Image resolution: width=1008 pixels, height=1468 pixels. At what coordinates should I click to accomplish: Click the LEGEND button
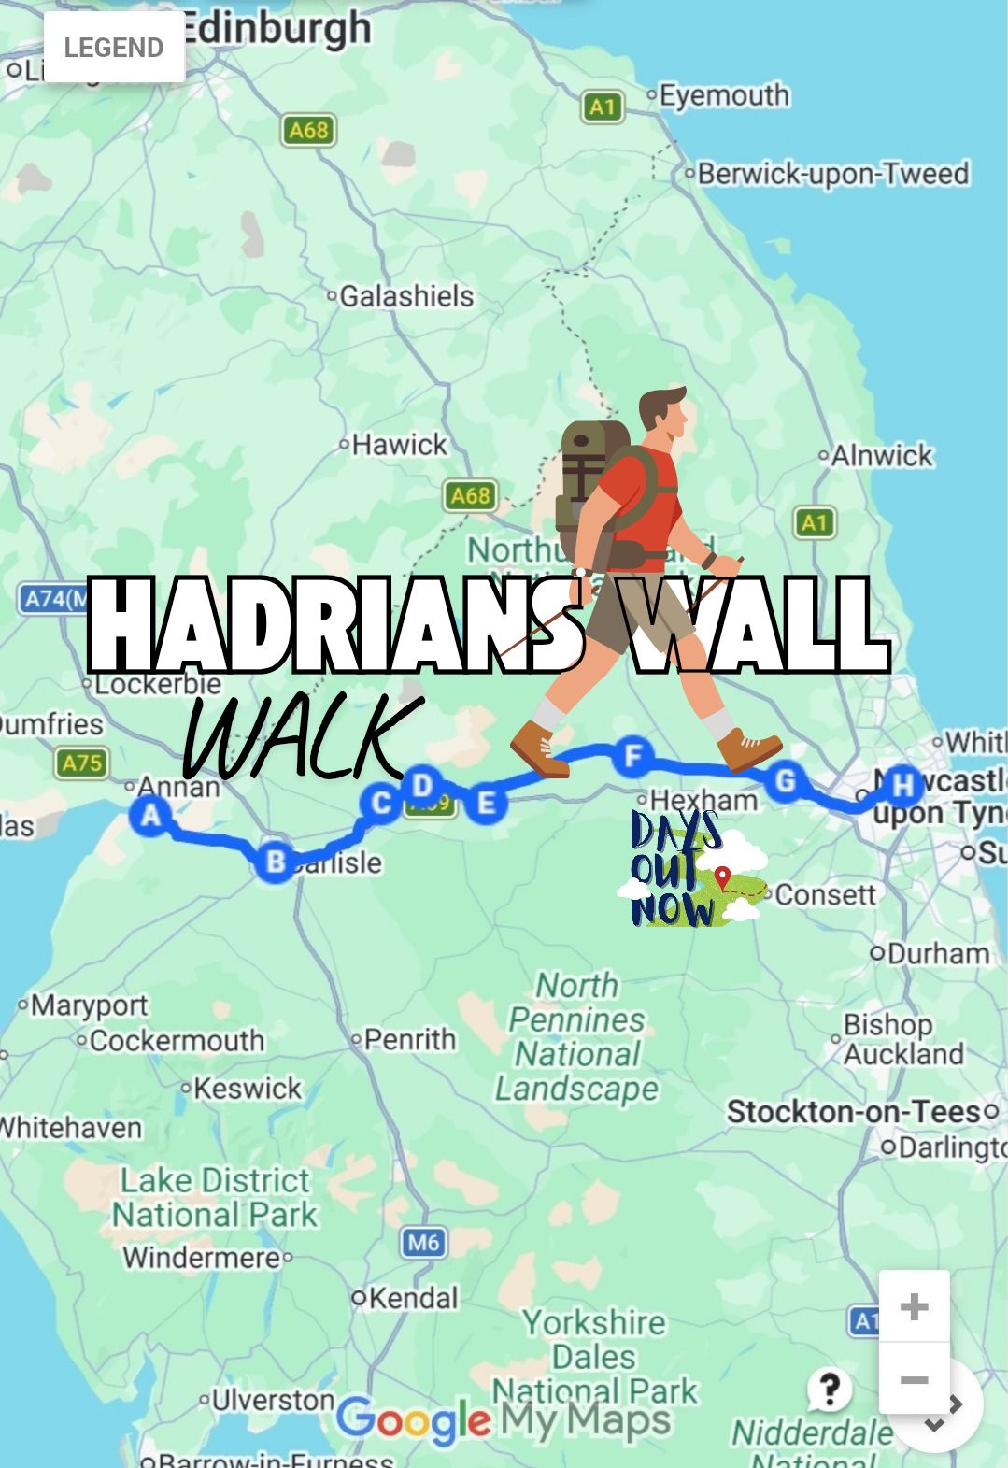[x=114, y=48]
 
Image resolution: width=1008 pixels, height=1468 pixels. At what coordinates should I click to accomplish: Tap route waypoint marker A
[x=149, y=815]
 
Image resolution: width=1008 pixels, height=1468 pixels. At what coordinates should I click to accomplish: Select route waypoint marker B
[x=275, y=861]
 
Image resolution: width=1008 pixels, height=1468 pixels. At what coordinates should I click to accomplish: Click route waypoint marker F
[x=633, y=755]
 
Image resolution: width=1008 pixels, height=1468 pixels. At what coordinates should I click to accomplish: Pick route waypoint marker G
[x=785, y=780]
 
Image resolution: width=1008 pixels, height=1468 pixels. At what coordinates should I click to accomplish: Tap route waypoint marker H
[x=902, y=785]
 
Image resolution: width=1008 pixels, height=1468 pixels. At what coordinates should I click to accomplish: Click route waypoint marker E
[x=486, y=803]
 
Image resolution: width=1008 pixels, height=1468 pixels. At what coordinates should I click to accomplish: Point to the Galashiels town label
[x=406, y=296]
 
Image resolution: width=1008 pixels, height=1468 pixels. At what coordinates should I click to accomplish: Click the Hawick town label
[x=399, y=444]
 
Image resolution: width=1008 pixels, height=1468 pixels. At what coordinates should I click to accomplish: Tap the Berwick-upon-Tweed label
[x=832, y=174]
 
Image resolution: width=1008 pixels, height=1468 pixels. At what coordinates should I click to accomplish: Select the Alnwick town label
[x=881, y=455]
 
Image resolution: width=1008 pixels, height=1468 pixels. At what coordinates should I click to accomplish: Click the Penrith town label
[x=409, y=1038]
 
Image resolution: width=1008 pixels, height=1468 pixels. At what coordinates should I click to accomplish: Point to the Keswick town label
[x=247, y=1088]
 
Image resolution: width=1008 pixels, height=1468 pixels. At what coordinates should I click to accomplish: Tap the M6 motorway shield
[x=423, y=1242]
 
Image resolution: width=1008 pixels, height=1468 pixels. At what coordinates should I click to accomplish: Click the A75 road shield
[x=81, y=763]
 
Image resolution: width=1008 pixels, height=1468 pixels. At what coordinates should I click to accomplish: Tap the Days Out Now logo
[x=691, y=870]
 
